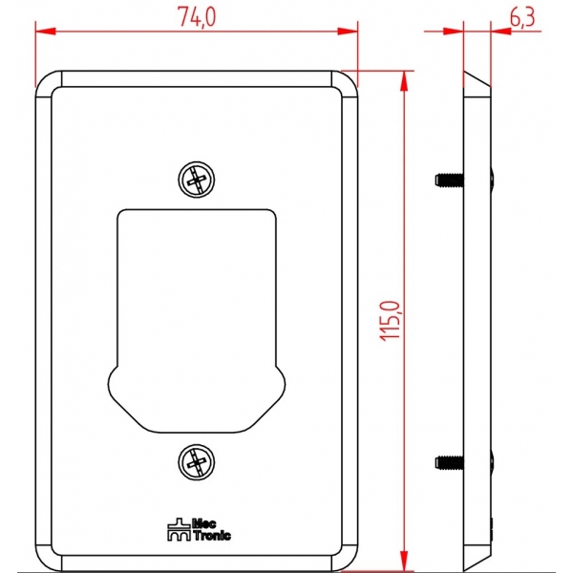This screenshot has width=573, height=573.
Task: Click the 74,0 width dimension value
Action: coord(197,17)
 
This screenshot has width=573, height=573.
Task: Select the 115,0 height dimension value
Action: coord(391,321)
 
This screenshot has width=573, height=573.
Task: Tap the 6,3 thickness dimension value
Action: coord(522,17)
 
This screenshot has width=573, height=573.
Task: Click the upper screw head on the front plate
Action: coord(196,180)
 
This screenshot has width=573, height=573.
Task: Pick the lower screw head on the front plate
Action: coord(196,462)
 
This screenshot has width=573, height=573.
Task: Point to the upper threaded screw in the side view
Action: coord(450,180)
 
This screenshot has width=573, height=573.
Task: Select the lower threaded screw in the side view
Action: coord(450,462)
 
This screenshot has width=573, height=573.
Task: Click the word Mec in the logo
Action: coord(204,523)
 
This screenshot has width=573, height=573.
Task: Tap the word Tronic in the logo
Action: coord(212,536)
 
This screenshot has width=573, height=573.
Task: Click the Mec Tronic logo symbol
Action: coord(179,529)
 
